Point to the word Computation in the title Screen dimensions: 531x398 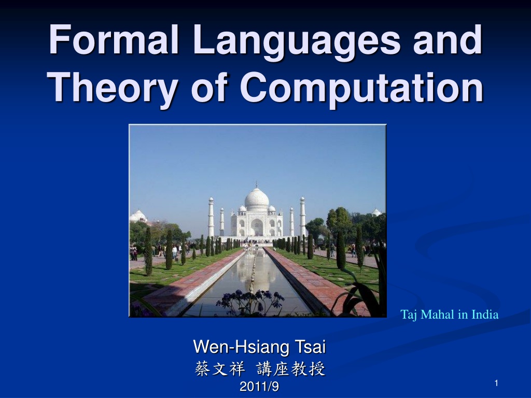point(361,87)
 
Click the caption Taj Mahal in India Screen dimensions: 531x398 point(450,315)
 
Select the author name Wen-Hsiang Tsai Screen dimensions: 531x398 point(259,347)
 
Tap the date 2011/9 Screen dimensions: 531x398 point(259,386)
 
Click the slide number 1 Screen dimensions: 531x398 point(496,383)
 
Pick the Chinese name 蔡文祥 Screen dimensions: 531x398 point(219,368)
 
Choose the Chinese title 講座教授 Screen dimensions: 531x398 point(291,368)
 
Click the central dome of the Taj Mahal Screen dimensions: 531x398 point(257,198)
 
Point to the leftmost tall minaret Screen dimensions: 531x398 point(211,217)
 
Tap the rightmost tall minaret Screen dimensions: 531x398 point(302,216)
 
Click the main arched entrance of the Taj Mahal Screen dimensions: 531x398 point(257,227)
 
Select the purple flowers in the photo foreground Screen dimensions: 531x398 point(250,301)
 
